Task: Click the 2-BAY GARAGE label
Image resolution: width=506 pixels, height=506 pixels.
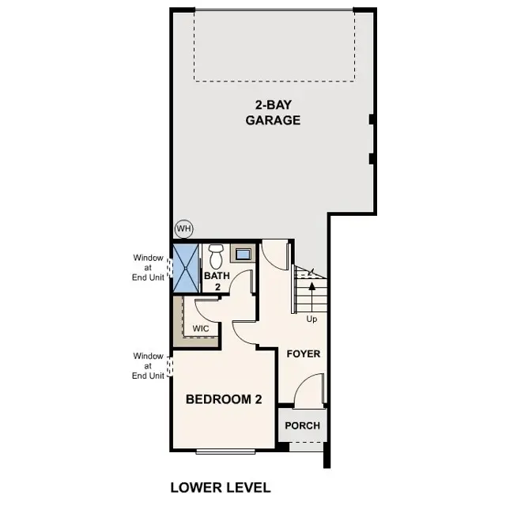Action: [x=272, y=113]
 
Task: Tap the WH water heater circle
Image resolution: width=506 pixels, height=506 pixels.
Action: [x=184, y=229]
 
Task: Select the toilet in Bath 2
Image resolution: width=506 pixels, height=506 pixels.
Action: [x=216, y=257]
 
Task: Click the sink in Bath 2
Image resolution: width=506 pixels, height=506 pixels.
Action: [x=243, y=255]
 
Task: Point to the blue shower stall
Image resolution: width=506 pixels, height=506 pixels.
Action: [x=186, y=268]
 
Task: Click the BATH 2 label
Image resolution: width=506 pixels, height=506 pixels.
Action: [x=217, y=281]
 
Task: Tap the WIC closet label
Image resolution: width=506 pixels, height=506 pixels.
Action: [x=200, y=328]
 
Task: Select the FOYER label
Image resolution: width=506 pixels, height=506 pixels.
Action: [x=304, y=353]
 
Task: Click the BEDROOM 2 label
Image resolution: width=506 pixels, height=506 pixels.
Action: [x=224, y=399]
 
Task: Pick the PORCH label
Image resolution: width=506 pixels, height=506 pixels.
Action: [x=302, y=425]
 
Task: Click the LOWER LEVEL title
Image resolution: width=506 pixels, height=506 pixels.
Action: [x=221, y=487]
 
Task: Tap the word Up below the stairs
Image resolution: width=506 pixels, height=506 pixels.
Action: [x=313, y=319]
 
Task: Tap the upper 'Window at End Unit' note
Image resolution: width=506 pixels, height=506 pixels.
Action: [x=148, y=267]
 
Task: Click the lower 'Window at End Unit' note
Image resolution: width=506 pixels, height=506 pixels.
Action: [x=148, y=366]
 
